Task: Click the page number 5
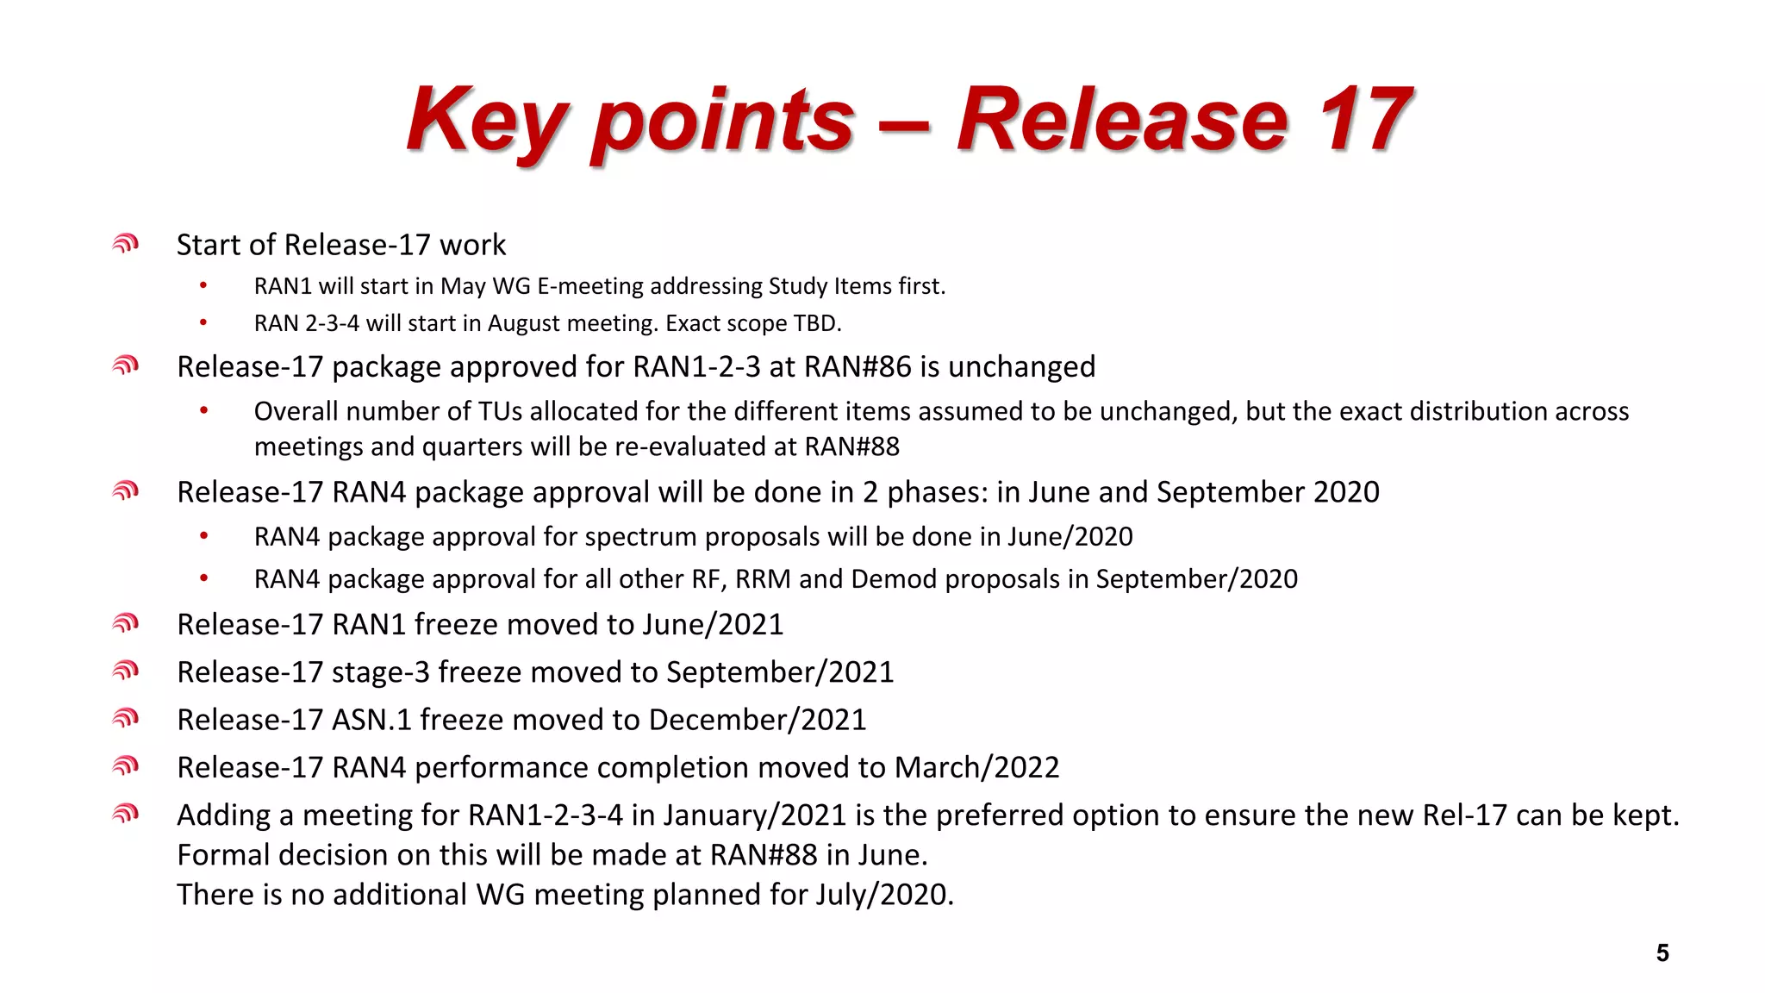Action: click(x=1662, y=952)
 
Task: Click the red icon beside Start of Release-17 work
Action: click(x=126, y=245)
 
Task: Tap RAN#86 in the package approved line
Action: click(x=858, y=367)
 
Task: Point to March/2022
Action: click(x=977, y=767)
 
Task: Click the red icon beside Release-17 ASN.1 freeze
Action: click(x=126, y=718)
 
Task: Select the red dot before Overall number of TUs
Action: click(x=203, y=411)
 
